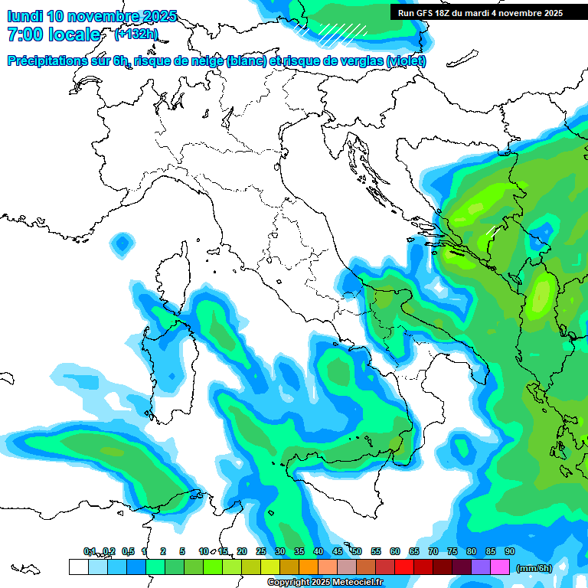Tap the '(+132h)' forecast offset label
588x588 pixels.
(136, 34)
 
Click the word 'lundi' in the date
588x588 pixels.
(24, 16)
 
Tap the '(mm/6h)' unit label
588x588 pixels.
(534, 567)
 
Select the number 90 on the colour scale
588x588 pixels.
(509, 552)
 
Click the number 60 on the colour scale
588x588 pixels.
(395, 552)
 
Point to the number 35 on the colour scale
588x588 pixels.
(299, 552)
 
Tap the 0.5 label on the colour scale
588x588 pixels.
(127, 552)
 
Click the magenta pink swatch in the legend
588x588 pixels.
(500, 567)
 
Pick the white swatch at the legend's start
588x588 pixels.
(78, 567)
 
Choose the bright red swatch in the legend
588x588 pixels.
(404, 567)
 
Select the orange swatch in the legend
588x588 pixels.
(309, 567)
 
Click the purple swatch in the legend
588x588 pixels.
(481, 567)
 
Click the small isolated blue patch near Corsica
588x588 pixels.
(121, 245)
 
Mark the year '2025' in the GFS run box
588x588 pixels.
(548, 13)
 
